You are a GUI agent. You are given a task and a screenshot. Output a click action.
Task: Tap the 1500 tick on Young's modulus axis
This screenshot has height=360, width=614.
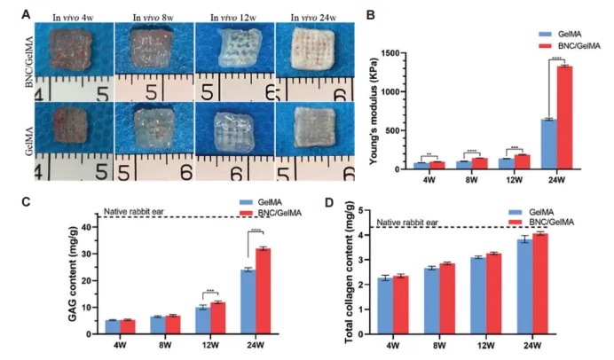point(394,52)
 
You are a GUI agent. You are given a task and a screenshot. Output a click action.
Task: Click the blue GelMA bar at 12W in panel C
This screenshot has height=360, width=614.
point(201,320)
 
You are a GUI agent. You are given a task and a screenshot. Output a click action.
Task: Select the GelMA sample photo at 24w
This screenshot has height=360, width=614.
point(303,133)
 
